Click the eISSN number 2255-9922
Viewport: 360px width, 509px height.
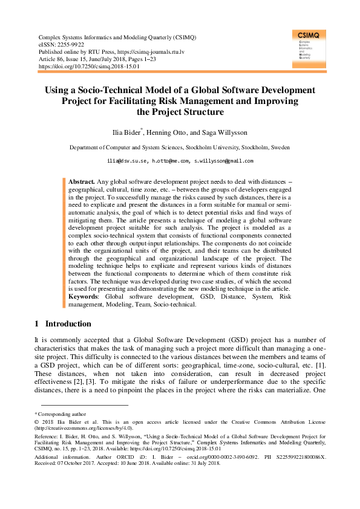click(71, 45)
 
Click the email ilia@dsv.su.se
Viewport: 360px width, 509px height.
click(126, 161)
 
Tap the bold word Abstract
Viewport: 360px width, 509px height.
click(81, 181)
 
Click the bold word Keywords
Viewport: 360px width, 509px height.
click(85, 297)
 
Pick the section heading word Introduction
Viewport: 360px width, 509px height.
click(68, 323)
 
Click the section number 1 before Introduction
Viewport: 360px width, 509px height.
click(36, 323)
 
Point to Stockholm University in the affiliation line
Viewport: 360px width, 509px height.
click(214, 147)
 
